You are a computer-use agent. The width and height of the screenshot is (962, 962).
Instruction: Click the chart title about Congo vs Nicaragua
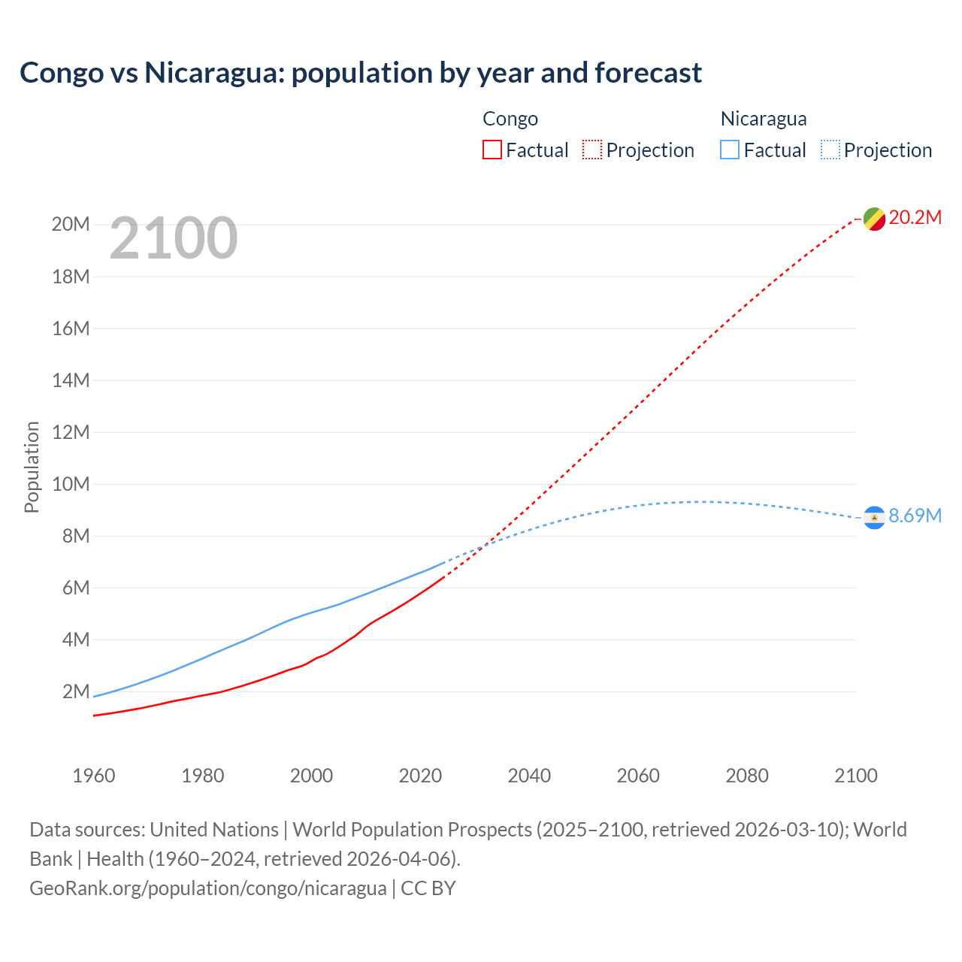click(x=361, y=73)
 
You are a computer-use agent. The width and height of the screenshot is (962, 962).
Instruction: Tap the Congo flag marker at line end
click(x=874, y=219)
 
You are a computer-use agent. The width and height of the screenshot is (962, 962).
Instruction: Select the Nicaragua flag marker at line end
click(x=874, y=517)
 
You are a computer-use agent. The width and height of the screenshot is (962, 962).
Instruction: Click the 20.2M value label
click(x=915, y=218)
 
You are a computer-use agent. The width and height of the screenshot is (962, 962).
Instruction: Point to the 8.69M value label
click(x=915, y=516)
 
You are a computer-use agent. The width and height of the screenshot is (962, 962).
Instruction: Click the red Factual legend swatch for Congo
click(x=492, y=150)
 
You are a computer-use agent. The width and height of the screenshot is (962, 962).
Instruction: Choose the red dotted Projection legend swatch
click(x=592, y=150)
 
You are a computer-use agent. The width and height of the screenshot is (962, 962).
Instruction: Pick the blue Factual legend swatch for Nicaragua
click(x=729, y=150)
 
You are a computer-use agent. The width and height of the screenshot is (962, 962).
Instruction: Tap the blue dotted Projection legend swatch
click(x=830, y=150)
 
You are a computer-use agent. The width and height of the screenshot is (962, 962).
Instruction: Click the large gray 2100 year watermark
click(x=174, y=239)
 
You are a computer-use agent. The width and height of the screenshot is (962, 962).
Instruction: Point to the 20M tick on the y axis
click(x=71, y=225)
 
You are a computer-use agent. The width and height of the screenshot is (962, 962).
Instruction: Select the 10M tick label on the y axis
click(x=71, y=484)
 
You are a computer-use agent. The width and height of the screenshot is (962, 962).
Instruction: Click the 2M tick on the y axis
click(x=75, y=691)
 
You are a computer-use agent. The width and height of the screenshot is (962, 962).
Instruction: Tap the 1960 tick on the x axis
click(x=94, y=776)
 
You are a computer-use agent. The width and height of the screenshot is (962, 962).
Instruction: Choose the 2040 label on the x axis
click(x=529, y=776)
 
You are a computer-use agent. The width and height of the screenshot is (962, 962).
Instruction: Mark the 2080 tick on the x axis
click(x=747, y=776)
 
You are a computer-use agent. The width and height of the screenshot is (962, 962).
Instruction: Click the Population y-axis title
click(x=32, y=467)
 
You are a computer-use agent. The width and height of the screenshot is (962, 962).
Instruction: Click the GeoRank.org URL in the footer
click(x=208, y=888)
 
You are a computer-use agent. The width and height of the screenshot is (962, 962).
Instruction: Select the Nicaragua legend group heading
click(x=764, y=119)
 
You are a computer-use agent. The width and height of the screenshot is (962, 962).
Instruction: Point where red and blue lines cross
click(x=482, y=546)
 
